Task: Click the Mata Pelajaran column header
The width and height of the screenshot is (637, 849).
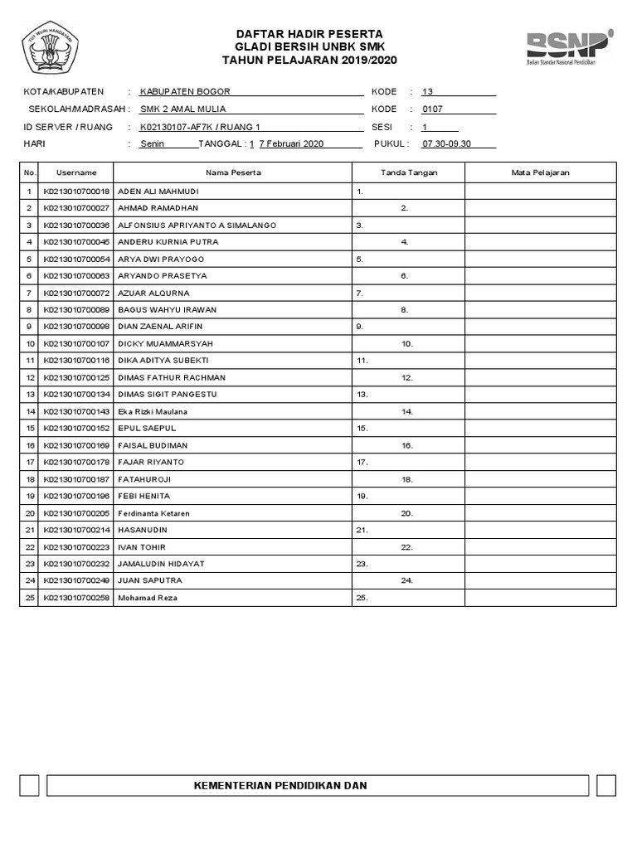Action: pos(540,172)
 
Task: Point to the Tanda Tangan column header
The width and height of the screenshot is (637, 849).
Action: pos(408,172)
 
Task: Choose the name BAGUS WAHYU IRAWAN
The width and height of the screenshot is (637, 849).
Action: pos(168,310)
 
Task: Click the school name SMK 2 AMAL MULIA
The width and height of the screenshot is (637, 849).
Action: pos(182,109)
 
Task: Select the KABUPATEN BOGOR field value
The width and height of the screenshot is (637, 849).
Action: pos(185,91)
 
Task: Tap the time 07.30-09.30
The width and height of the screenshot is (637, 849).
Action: pos(446,143)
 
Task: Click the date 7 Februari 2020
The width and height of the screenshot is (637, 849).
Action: pos(291,143)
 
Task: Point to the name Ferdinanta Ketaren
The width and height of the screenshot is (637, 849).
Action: pos(154,513)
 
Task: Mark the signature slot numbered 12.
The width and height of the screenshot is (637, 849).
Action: pos(407,378)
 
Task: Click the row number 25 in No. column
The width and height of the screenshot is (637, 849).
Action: pos(30,598)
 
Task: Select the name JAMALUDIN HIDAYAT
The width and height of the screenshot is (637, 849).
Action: pos(162,564)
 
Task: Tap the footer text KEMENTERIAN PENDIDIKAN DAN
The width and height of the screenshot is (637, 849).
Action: pos(280,785)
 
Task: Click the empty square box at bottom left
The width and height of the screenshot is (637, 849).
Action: pos(30,786)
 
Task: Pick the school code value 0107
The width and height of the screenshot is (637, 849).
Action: pos(433,109)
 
